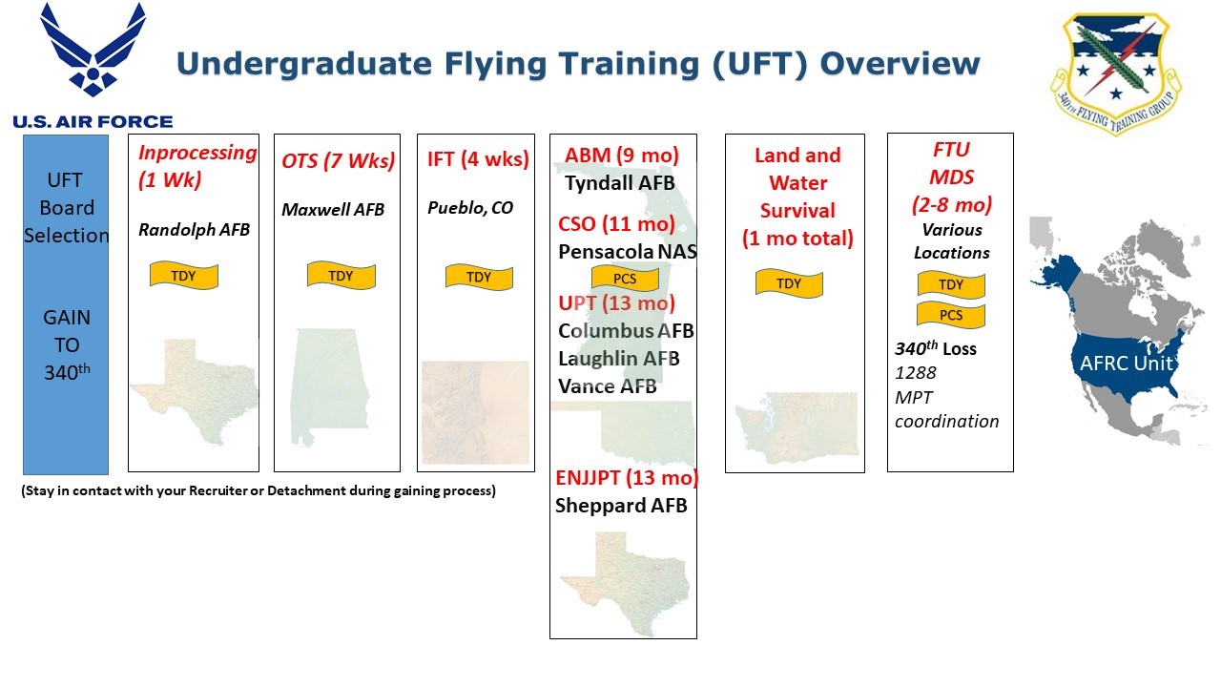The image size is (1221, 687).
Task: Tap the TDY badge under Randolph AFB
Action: pyautogui.click(x=183, y=276)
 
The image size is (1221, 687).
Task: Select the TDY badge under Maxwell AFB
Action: pyautogui.click(x=341, y=276)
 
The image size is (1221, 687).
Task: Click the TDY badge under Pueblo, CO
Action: pyautogui.click(x=479, y=277)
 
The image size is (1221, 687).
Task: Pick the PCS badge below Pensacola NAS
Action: pyautogui.click(x=625, y=279)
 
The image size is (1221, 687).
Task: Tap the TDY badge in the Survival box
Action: pyautogui.click(x=789, y=283)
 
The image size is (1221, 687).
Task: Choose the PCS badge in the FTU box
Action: pyautogui.click(x=950, y=315)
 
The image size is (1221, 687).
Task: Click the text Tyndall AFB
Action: pyautogui.click(x=619, y=182)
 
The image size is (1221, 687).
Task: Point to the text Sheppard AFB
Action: pyautogui.click(x=621, y=506)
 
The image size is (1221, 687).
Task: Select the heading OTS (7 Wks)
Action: pyautogui.click(x=338, y=160)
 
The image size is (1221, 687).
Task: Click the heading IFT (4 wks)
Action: pyautogui.click(x=477, y=158)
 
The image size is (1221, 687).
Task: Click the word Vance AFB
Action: pyautogui.click(x=607, y=386)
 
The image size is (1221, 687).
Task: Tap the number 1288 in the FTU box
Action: pyautogui.click(x=915, y=373)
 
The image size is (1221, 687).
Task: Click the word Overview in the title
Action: pyautogui.click(x=900, y=64)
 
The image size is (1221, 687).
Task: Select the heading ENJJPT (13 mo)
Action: pyautogui.click(x=627, y=478)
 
